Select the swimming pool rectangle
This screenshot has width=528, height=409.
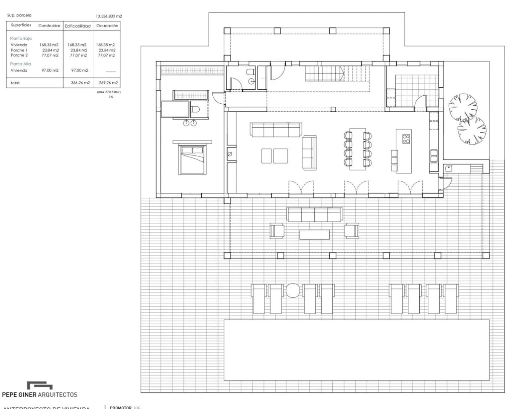[x=356, y=350]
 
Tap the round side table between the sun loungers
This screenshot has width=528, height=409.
[x=293, y=290]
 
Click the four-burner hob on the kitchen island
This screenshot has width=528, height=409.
[x=406, y=139]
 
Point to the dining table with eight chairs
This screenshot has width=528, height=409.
[x=357, y=149]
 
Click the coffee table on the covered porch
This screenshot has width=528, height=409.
[x=314, y=234]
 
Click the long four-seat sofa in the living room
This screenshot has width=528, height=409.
[x=276, y=130]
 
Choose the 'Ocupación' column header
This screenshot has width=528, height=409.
[x=107, y=26]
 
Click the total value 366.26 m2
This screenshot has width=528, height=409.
[x=80, y=83]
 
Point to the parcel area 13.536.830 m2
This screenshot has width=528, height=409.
[x=109, y=16]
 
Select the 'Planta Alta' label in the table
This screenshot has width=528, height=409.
[x=20, y=64]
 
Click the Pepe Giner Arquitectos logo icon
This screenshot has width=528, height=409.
[x=39, y=386]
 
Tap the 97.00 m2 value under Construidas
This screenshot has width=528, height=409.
[x=50, y=70]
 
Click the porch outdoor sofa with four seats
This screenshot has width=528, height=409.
[x=315, y=214]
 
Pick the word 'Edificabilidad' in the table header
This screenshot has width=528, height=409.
[x=78, y=26]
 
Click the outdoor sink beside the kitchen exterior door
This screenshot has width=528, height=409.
[x=449, y=169]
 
